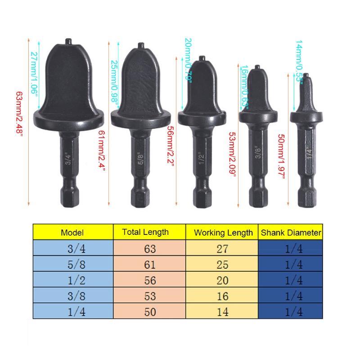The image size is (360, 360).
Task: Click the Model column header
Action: click(x=72, y=233)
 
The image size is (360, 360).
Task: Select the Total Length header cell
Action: click(x=145, y=232)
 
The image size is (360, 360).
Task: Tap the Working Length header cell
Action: click(x=223, y=233)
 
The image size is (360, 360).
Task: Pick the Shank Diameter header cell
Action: click(x=291, y=233)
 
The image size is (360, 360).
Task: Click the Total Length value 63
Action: click(x=150, y=248)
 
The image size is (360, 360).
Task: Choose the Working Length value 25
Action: click(x=222, y=264)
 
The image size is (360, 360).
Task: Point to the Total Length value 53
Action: click(x=150, y=296)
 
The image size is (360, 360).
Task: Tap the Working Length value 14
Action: click(x=222, y=311)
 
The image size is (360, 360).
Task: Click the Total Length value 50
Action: click(x=150, y=311)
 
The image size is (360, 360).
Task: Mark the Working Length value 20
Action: click(x=222, y=280)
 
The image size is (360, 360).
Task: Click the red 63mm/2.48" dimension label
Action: click(x=19, y=114)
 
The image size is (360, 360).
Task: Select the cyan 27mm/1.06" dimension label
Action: click(x=34, y=72)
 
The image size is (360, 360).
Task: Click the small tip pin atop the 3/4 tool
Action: click(x=68, y=41)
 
